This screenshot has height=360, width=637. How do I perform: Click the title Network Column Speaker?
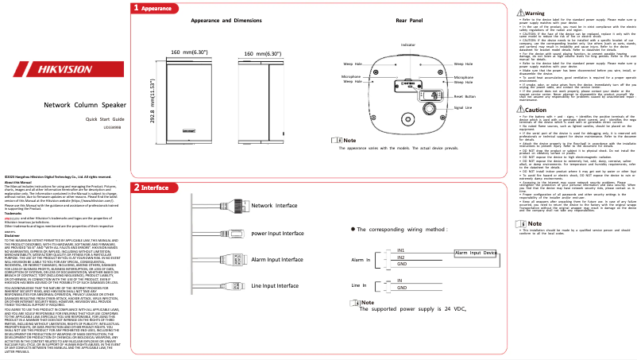(84, 127)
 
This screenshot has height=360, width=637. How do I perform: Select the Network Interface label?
(274, 206)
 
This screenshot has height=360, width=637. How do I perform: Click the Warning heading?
(534, 14)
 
